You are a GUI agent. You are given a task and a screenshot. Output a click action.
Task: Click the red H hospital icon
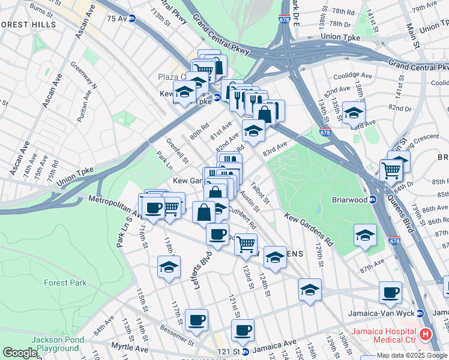click(426, 334)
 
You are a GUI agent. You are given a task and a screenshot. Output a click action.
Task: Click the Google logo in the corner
click(20, 353)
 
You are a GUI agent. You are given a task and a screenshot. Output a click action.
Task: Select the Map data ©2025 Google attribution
click(412, 355)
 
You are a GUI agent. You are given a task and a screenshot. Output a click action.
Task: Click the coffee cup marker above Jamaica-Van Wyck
click(390, 292)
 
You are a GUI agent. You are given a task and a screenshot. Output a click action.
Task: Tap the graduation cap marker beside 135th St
click(354, 113)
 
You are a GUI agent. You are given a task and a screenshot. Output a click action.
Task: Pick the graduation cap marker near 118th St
click(169, 267)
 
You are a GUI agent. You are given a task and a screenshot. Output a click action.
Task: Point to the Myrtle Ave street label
click(130, 347)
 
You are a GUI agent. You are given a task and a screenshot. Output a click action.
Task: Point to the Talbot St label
click(260, 193)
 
